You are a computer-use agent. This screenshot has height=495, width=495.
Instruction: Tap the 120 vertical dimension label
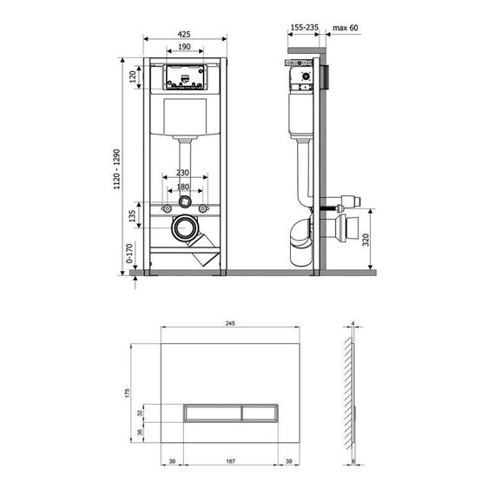coord(133,76)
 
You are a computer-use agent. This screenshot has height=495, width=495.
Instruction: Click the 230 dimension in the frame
coord(183,173)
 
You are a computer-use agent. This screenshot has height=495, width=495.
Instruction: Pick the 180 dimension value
coord(183,186)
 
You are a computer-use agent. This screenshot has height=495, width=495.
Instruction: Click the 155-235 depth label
coord(303,27)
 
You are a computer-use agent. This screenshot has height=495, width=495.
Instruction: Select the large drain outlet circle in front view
coord(183,230)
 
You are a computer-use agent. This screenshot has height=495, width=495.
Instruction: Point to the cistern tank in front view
coord(183,116)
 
